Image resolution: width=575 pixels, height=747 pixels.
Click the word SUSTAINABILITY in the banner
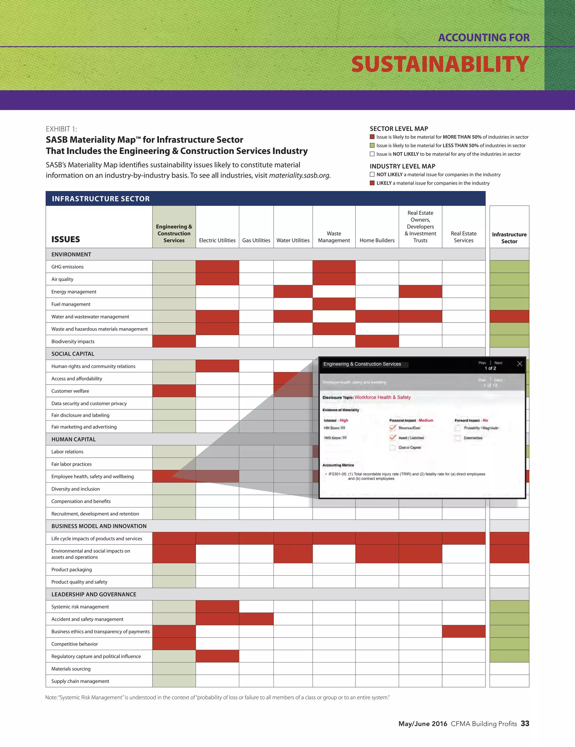coord(440,64)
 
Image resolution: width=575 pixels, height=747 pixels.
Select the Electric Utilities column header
coord(217,240)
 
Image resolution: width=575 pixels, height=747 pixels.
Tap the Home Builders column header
coord(377,240)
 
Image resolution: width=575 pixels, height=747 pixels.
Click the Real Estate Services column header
coord(464,237)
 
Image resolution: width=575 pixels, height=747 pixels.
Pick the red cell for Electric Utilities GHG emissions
coord(217,266)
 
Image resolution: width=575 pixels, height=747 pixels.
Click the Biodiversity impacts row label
coord(73,341)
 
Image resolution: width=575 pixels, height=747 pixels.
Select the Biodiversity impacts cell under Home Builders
coord(377,341)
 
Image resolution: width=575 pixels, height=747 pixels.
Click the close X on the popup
coord(519,364)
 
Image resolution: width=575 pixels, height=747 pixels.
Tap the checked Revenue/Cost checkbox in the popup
coord(393,428)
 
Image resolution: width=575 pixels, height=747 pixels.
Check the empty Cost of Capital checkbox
coord(393,448)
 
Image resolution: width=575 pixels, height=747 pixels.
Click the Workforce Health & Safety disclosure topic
coord(382,397)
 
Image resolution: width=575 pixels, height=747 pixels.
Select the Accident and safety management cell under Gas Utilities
coord(256,619)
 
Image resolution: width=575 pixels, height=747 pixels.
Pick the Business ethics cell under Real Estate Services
coord(464,631)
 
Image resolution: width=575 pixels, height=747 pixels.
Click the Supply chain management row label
coord(80,681)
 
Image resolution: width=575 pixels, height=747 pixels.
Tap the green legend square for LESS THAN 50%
coord(372,145)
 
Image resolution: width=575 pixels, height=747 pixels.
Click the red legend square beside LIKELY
coord(372,183)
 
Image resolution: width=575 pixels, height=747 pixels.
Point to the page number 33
coord(525,723)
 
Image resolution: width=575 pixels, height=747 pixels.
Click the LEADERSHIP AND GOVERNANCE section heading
coord(94,594)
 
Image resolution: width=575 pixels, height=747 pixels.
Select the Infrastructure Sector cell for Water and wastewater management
coord(509,316)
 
